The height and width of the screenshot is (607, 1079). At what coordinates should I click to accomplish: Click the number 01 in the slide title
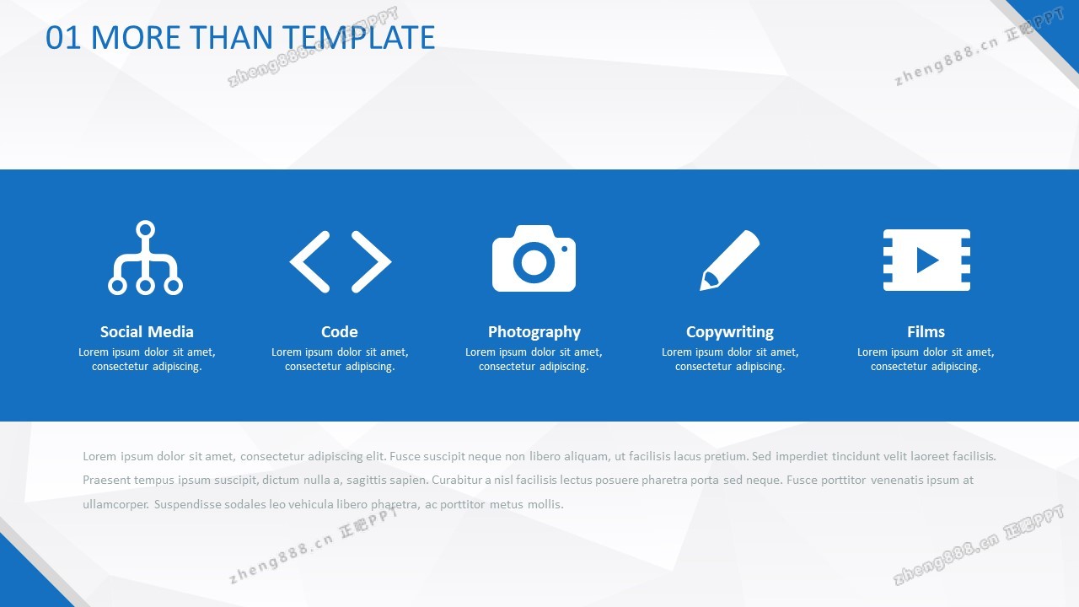click(62, 38)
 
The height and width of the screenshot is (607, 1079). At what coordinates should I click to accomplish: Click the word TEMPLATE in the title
click(358, 38)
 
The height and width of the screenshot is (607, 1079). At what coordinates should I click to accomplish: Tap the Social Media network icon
click(146, 257)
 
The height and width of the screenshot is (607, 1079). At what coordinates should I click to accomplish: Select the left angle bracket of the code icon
click(309, 261)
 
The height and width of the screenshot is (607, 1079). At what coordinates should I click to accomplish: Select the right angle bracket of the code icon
click(372, 261)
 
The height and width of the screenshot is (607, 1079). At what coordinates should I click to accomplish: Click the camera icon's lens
click(534, 262)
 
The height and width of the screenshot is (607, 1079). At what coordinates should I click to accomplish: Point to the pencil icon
click(729, 261)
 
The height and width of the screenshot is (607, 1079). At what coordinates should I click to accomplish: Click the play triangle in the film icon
click(927, 261)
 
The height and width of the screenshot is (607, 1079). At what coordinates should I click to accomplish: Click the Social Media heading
click(147, 331)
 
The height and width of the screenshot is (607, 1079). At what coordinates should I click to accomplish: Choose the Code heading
click(340, 331)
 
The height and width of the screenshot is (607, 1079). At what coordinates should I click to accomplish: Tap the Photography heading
click(534, 332)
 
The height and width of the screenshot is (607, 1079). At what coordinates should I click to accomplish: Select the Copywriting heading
click(730, 332)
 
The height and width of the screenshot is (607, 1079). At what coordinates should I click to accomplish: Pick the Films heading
click(926, 331)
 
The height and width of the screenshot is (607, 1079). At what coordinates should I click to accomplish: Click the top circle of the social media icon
click(146, 230)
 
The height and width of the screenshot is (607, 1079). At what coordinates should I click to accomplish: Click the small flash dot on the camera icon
click(565, 249)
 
